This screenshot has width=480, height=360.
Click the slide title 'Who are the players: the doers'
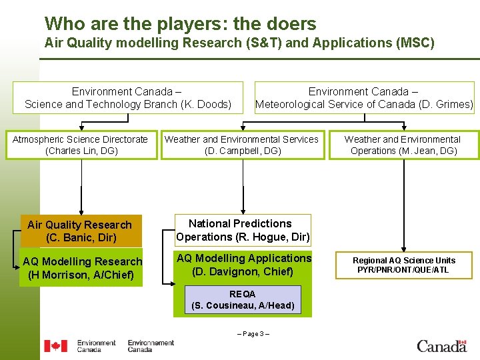[180, 24]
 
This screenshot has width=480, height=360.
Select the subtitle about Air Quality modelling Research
[239, 43]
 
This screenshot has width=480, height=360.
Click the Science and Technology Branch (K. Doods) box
[128, 97]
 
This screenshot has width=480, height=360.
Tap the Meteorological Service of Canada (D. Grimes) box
[364, 97]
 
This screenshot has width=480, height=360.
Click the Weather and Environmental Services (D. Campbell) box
[241, 145]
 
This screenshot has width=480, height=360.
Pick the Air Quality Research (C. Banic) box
[80, 231]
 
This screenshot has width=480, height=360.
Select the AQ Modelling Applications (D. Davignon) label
[243, 265]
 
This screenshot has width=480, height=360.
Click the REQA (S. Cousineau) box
[242, 300]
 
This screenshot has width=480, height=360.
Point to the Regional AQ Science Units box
[404, 265]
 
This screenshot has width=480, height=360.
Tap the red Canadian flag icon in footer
[56, 345]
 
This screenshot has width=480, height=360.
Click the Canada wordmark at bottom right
[441, 345]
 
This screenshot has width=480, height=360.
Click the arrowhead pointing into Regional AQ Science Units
[403, 247]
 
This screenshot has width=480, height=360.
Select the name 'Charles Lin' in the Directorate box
[73, 151]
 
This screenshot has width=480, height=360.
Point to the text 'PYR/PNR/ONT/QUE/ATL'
[404, 270]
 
